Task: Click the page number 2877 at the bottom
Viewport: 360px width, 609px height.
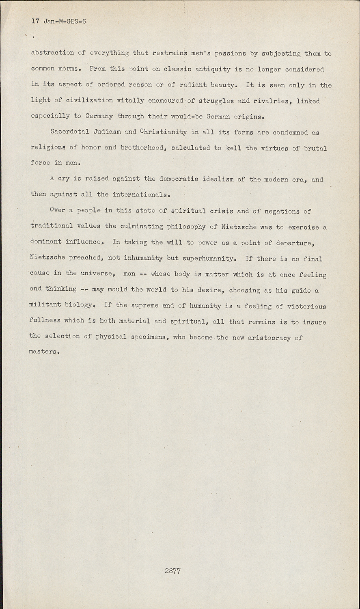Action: [x=172, y=571]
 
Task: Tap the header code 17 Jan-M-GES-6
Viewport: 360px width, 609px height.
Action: [x=58, y=22]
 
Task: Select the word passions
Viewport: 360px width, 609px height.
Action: [x=230, y=53]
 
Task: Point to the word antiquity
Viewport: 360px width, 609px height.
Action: [x=212, y=69]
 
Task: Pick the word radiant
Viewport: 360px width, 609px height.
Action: [x=194, y=85]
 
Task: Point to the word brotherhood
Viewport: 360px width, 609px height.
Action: [x=142, y=148]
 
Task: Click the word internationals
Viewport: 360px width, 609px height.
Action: [x=140, y=194]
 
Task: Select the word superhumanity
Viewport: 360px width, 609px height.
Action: [x=208, y=258]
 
